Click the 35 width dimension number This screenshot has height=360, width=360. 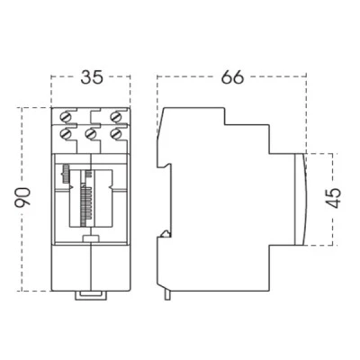tap(92, 77)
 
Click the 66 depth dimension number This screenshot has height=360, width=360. tap(233, 77)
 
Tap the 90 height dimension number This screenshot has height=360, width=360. tap(22, 197)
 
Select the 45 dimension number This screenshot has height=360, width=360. tap(333, 198)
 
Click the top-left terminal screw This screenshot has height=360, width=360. tap(66, 117)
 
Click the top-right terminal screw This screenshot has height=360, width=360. tap(115, 117)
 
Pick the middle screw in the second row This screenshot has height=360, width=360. tap(90, 133)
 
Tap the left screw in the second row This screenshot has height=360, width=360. tap(66, 133)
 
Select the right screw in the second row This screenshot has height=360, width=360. tap(115, 133)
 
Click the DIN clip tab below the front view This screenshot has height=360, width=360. tap(91, 295)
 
